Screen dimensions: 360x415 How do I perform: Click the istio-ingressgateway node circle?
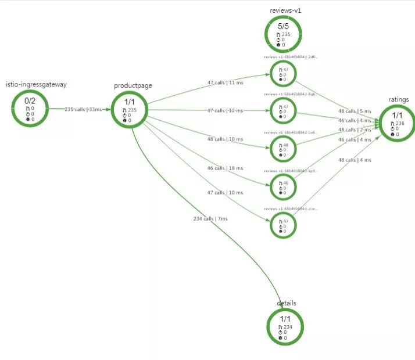28,108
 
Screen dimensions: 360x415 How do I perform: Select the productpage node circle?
130,109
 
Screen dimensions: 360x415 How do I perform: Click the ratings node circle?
399,122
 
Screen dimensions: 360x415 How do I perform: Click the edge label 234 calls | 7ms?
210,218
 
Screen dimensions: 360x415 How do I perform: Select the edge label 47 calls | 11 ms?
226,82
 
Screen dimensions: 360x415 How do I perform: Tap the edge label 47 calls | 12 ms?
226,110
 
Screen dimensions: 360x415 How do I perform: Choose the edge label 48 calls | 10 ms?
226,139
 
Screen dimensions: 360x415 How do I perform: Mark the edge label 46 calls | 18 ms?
226,168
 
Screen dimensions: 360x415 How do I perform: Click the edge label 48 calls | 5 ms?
355,111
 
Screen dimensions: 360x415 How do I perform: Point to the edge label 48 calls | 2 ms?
355,130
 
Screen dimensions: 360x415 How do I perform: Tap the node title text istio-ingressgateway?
36,84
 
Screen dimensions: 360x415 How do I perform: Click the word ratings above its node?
399,99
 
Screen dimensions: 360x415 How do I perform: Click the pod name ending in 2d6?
291,57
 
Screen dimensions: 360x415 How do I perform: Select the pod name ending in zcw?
291,208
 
